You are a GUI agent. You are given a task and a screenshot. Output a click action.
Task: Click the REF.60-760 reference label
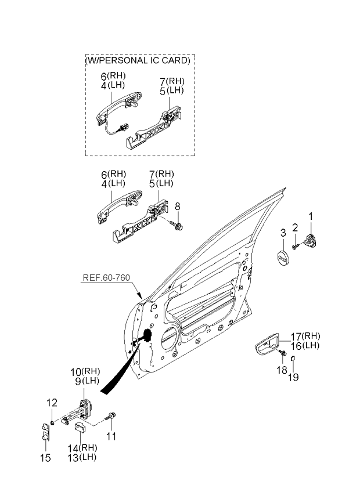point(106,278)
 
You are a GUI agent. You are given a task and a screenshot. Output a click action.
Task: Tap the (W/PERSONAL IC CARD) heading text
point(138,60)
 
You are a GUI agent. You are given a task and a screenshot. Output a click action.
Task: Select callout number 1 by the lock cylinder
point(311,216)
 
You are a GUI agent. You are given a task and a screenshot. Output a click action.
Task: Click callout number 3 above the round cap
point(283,233)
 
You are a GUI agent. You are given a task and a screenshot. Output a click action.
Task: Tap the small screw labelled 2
point(295,247)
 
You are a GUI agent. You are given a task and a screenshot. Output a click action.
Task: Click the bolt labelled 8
point(178,225)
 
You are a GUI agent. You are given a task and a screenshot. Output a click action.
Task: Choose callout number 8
point(178,206)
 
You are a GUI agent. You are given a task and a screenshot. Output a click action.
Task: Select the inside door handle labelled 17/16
point(267,346)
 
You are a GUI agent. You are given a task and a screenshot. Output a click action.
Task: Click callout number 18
point(282,370)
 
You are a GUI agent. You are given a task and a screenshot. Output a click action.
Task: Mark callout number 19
point(293,377)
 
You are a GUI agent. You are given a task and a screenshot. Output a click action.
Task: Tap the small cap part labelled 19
point(292,358)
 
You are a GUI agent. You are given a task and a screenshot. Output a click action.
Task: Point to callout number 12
point(52,403)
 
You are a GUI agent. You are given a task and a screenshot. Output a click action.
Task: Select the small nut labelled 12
point(52,422)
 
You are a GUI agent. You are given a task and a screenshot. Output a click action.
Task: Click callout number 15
point(45,458)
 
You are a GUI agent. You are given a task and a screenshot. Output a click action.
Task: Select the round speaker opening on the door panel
point(170,338)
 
